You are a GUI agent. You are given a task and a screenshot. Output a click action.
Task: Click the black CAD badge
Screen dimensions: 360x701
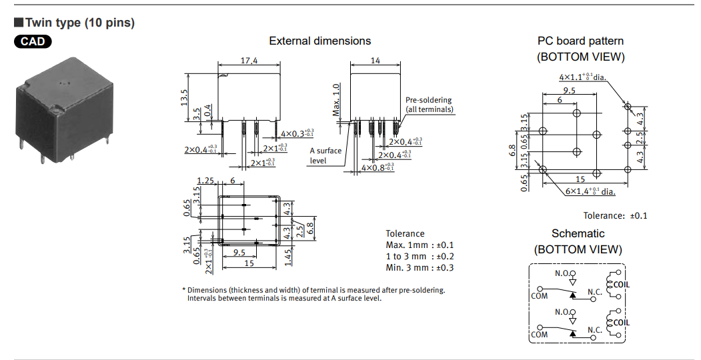(33, 41)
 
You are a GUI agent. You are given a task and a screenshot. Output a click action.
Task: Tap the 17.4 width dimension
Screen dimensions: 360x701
(249, 61)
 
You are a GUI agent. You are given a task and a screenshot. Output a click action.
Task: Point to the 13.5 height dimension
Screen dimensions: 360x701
(185, 97)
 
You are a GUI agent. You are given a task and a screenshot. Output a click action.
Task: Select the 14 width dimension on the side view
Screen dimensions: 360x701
(375, 61)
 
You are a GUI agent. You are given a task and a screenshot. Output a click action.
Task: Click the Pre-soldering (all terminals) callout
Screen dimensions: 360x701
(429, 105)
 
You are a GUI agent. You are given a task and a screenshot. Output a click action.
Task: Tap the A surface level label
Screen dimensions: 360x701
(325, 155)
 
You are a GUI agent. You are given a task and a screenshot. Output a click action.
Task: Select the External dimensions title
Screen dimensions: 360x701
(319, 41)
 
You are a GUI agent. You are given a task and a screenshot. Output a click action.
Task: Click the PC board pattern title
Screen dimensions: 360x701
(580, 41)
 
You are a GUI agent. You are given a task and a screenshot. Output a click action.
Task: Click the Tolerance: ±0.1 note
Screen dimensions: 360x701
(615, 215)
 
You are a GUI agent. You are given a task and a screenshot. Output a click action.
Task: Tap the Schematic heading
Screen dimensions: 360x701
(578, 233)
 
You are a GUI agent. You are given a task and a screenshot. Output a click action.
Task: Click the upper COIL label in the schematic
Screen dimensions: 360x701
(621, 285)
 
